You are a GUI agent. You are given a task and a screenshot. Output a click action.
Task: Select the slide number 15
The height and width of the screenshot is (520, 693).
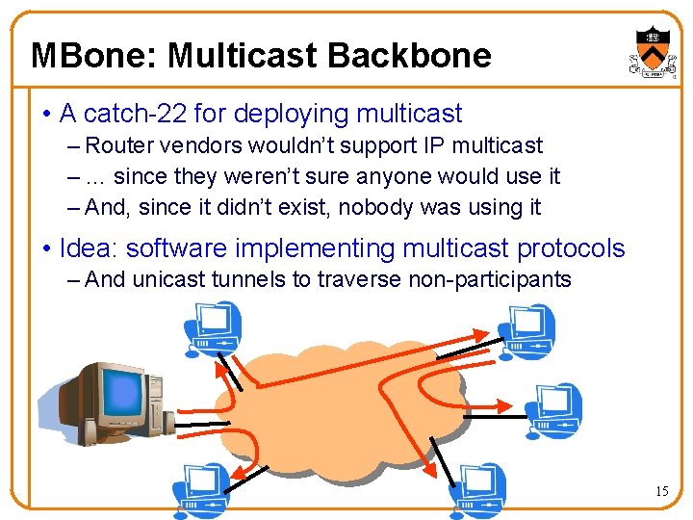coord(661,492)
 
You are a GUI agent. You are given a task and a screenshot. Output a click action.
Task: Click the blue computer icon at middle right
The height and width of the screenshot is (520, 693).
coord(552,409)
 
